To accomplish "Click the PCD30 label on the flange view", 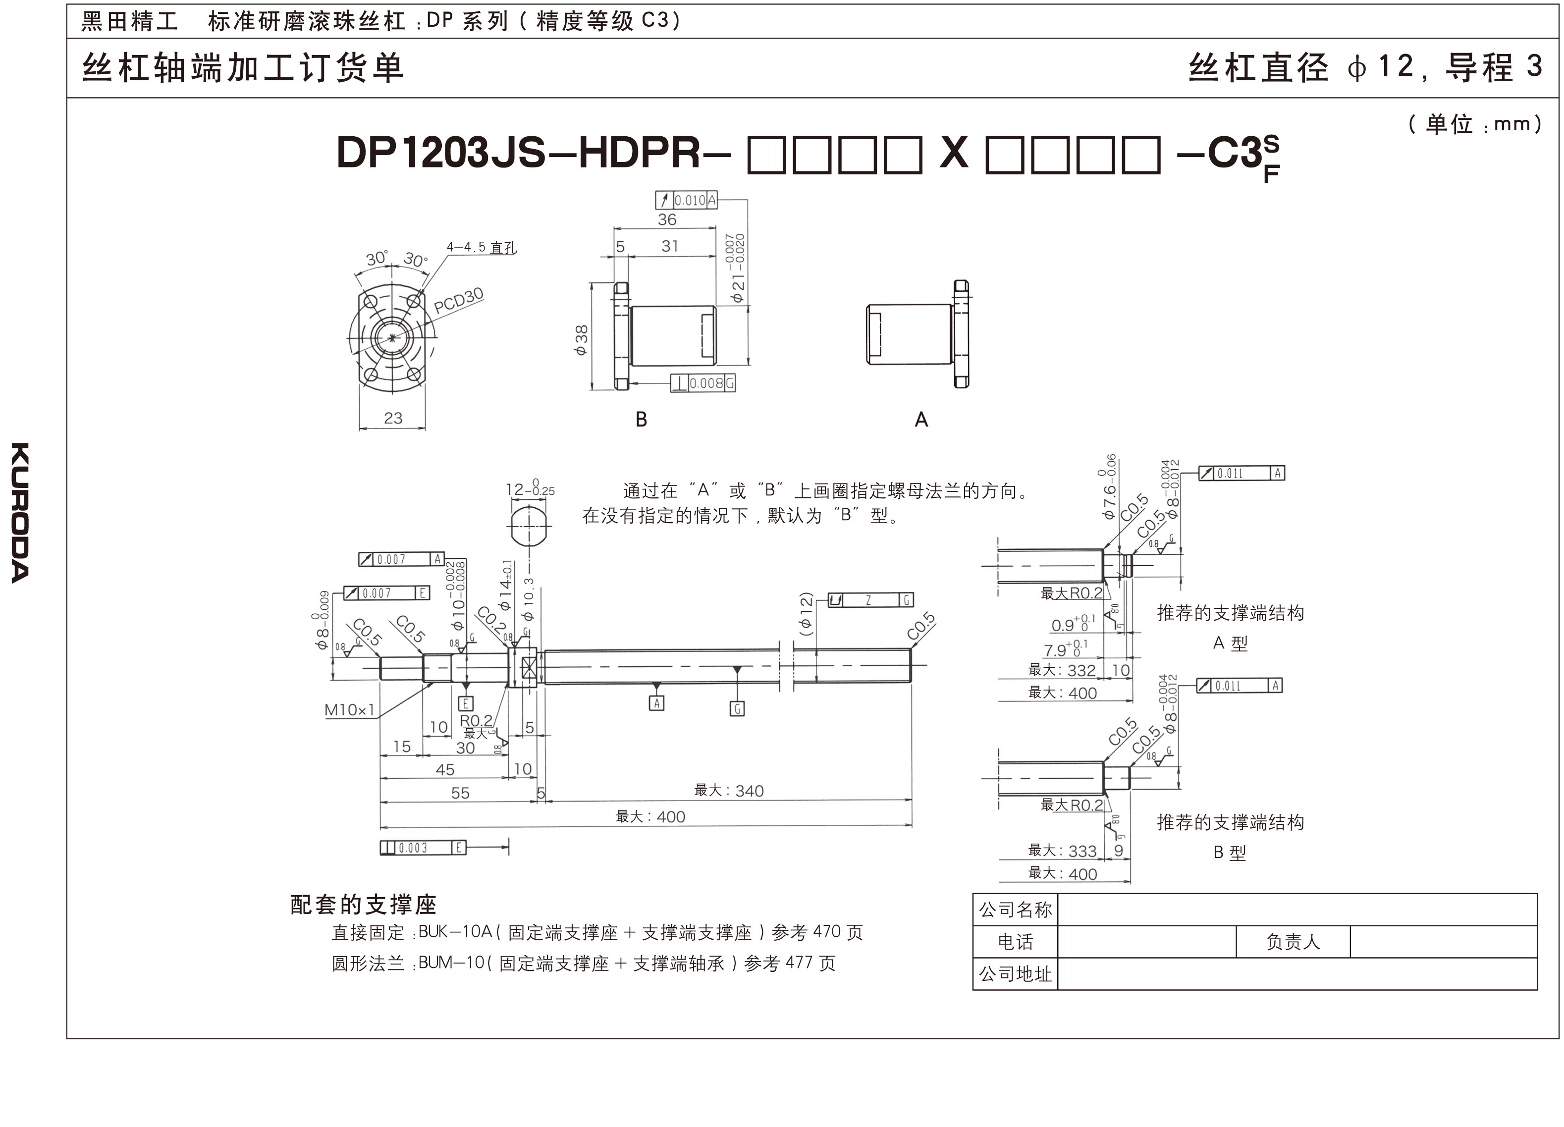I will (459, 300).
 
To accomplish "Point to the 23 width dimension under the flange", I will (393, 418).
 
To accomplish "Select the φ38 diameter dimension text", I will (581, 339).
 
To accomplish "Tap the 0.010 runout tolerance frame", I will (687, 200).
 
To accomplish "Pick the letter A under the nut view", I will (921, 420).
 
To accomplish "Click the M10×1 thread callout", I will (350, 710).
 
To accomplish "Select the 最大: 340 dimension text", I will (729, 791).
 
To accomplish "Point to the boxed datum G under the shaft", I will (737, 708).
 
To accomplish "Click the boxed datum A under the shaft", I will (656, 703).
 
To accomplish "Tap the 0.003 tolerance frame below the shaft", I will (423, 848).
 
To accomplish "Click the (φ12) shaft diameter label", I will (806, 613).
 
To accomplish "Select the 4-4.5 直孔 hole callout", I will (482, 247).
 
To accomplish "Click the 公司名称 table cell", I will (1015, 910).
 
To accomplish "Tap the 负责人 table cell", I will (1293, 942).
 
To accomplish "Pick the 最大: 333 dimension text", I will (1062, 851).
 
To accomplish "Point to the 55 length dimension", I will (460, 793).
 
